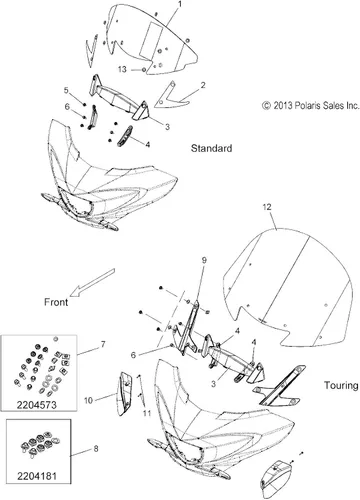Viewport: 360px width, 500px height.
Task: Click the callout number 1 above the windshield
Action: click(x=180, y=4)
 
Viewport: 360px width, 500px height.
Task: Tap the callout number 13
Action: click(x=122, y=69)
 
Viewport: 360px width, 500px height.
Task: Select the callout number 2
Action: click(x=203, y=85)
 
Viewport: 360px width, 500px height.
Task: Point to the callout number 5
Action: click(x=66, y=90)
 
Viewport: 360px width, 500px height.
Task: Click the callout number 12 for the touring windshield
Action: click(x=267, y=207)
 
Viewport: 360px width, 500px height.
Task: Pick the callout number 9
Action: click(x=204, y=260)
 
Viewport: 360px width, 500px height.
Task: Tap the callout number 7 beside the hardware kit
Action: click(x=103, y=344)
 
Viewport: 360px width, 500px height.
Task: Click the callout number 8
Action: click(x=96, y=449)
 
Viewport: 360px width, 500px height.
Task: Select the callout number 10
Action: click(x=88, y=400)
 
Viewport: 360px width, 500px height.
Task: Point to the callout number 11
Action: click(x=147, y=413)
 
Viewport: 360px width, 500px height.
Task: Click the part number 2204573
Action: click(x=37, y=405)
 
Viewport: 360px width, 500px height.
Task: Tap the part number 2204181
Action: click(x=37, y=476)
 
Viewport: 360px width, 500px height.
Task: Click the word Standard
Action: click(x=211, y=148)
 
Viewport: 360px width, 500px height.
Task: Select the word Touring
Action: click(x=341, y=386)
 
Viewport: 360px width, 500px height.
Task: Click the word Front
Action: click(x=56, y=302)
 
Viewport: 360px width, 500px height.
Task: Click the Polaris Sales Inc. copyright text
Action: click(x=311, y=106)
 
